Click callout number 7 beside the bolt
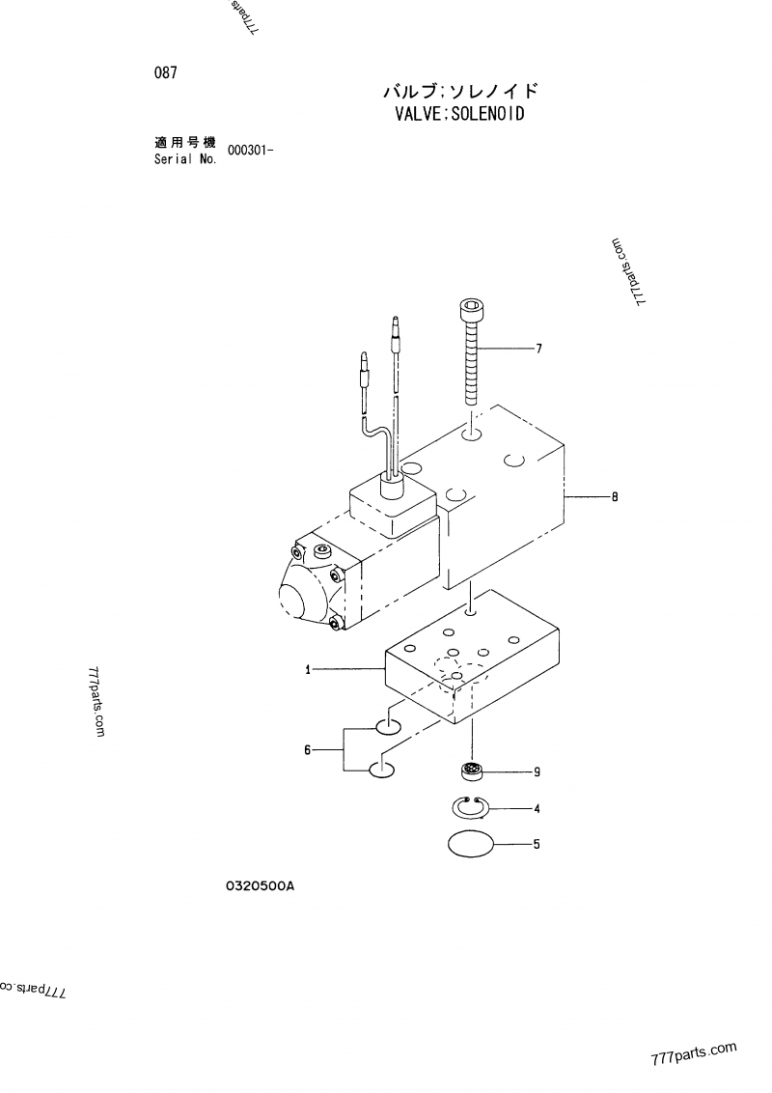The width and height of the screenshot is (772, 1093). click(538, 348)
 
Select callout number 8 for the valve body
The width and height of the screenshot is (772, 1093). click(614, 497)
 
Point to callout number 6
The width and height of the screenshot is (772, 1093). click(308, 749)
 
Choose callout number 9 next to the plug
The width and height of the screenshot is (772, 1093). click(537, 771)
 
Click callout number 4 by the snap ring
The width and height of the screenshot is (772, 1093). click(537, 808)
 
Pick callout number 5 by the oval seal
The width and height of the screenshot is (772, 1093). click(537, 844)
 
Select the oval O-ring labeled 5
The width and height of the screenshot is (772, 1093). click(473, 843)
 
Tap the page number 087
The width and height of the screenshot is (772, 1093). click(164, 71)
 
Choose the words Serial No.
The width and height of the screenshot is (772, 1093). click(185, 159)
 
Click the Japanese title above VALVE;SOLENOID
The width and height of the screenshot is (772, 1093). click(459, 92)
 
